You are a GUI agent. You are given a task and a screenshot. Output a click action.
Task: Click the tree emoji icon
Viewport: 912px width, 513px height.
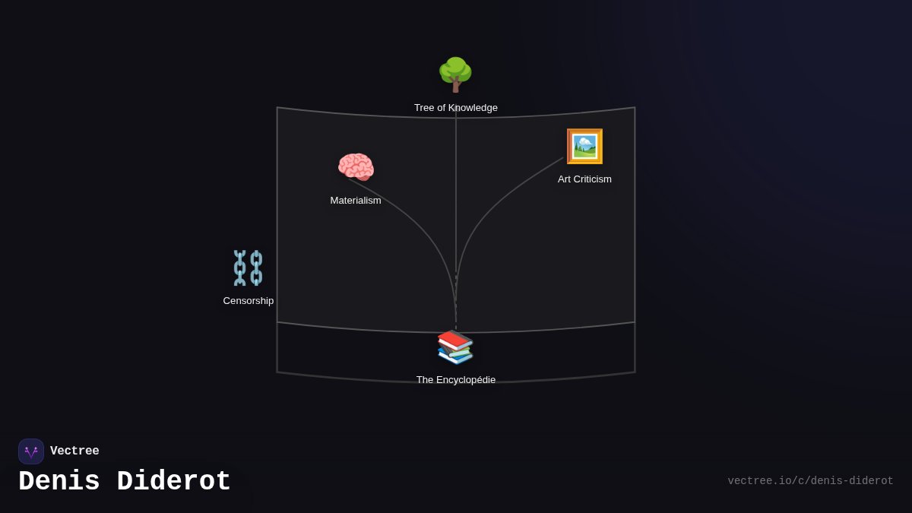pos(455,74)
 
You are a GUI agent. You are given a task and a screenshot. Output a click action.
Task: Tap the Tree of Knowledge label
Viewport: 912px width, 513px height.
pos(456,108)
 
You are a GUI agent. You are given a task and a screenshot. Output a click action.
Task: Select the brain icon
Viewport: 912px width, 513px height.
pos(356,167)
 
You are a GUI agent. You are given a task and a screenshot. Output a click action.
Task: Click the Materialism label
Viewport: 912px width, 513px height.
pos(356,201)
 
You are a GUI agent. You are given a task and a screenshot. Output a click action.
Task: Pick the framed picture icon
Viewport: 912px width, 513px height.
pos(584,147)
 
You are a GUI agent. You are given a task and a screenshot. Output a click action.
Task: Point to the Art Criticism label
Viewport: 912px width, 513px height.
pos(584,179)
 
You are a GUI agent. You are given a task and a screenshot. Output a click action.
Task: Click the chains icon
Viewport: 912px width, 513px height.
pos(248,268)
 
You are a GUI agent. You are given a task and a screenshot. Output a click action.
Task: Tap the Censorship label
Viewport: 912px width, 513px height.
pos(249,301)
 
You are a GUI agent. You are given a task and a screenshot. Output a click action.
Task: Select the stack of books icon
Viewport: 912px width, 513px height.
pos(455,347)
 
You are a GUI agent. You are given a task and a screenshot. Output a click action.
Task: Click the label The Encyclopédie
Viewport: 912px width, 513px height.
pos(456,380)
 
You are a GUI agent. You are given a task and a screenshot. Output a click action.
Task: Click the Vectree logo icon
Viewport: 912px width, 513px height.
pos(31,451)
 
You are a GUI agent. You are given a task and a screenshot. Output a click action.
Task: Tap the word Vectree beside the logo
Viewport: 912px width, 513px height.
pos(74,451)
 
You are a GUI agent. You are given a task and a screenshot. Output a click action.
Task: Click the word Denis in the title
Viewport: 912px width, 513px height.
pos(59,482)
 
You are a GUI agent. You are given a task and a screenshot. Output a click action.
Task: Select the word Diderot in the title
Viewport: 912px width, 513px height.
pos(174,482)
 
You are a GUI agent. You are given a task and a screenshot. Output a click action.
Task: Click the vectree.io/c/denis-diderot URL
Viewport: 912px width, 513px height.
pos(810,481)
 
